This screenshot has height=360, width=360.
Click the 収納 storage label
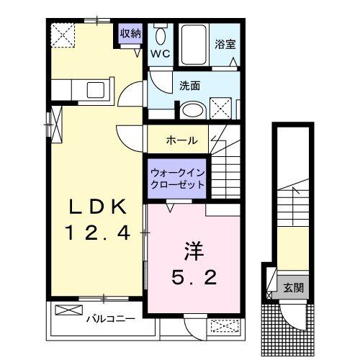(x=130, y=33)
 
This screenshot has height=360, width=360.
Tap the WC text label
(x=159, y=53)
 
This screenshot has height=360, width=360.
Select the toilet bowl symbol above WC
(x=160, y=35)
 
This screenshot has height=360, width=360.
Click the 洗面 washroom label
(x=190, y=86)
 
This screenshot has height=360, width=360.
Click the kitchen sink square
(x=96, y=90)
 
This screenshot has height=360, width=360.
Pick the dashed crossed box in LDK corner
(x=63, y=34)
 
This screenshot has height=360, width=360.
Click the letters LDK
(x=97, y=207)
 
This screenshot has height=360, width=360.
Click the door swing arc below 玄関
(x=292, y=315)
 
